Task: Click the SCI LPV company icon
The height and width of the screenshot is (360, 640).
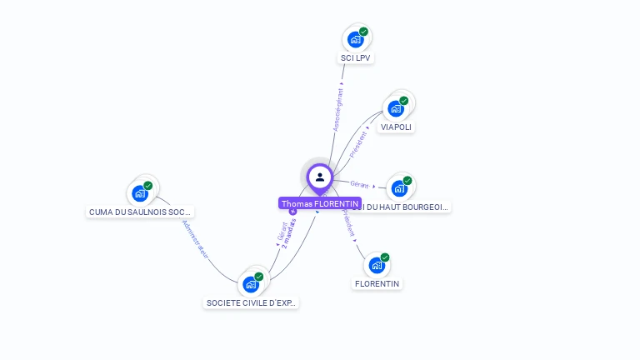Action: pos(356,39)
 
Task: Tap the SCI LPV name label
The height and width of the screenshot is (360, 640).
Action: pos(356,58)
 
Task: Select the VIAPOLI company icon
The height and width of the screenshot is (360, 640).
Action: pos(396,108)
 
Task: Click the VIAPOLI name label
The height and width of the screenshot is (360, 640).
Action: pos(396,127)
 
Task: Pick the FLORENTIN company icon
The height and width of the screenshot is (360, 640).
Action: pos(377,265)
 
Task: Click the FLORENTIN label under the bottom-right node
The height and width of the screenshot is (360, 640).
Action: pos(377,283)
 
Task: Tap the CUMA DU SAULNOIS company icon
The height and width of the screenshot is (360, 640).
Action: pos(140,193)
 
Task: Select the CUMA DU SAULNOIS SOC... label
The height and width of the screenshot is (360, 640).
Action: pos(141,212)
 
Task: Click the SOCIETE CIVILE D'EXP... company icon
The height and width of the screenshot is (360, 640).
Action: pos(251,284)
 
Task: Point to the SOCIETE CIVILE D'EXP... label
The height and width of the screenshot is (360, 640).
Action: pos(251,302)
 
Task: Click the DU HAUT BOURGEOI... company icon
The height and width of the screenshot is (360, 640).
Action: pos(399,188)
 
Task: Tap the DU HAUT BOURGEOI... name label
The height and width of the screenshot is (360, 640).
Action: pos(405,206)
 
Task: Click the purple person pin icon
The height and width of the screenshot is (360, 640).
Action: pos(320,177)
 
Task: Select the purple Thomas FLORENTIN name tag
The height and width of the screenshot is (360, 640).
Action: pos(320,203)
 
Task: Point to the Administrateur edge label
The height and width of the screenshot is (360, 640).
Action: pos(196,240)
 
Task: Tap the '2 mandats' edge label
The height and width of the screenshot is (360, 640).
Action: pos(289,234)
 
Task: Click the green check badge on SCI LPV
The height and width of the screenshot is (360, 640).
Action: pos(363,32)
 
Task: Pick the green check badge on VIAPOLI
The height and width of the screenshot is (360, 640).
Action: pos(404,101)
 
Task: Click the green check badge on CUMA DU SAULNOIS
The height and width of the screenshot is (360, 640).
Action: pos(148,186)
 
